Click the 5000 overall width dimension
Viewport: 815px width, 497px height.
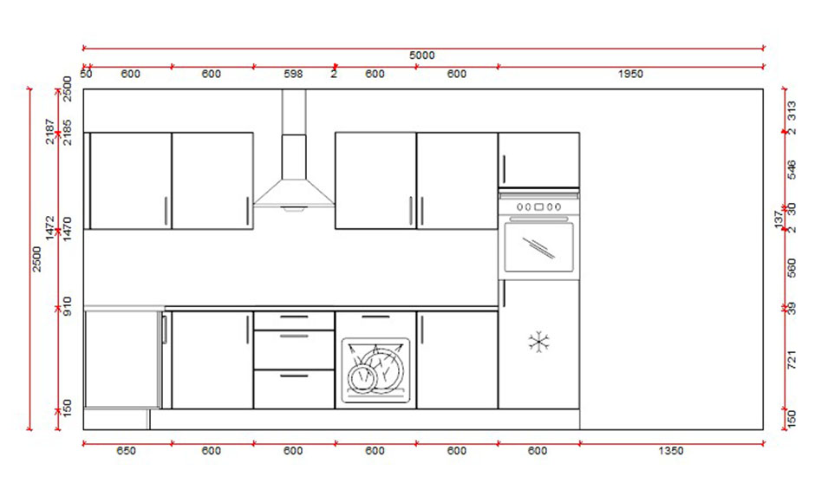(422, 56)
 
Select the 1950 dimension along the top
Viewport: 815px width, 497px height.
(630, 75)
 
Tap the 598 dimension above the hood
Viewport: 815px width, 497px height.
(294, 75)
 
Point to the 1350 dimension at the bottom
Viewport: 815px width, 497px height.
(670, 451)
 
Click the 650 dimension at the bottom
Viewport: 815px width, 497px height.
(126, 451)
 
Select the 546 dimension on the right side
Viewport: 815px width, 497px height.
(791, 170)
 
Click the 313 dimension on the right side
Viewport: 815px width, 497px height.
(791, 110)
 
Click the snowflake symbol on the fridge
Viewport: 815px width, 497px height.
(538, 342)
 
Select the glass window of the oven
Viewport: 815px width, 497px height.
(538, 247)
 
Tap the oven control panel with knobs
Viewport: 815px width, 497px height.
(538, 206)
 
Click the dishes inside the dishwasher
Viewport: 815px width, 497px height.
(376, 370)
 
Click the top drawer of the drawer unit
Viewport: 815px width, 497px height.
(294, 321)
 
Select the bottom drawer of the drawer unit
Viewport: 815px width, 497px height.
(294, 389)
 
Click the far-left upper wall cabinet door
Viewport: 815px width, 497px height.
(131, 180)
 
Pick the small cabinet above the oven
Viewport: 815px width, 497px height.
(538, 159)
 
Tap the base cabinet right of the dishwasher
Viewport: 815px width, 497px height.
(457, 360)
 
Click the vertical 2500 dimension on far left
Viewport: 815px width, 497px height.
(36, 258)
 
